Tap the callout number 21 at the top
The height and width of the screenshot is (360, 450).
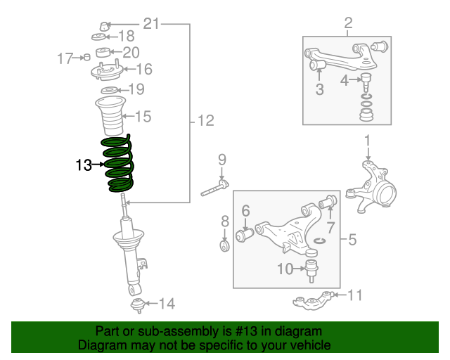pos(152,24)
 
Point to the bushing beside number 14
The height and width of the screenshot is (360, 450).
pos(139,304)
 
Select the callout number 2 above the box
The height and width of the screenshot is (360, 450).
pos(348,25)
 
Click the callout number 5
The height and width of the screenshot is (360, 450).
pos(352,240)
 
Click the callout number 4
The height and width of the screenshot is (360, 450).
pos(345,80)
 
